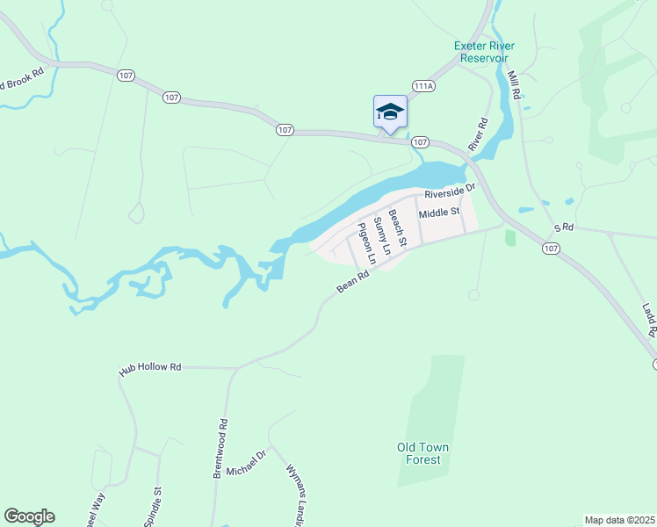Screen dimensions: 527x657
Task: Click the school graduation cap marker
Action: point(390,112)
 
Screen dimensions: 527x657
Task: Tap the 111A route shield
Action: point(424,86)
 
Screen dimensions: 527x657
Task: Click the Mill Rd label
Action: point(515,88)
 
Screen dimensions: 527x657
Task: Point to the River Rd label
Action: point(478,135)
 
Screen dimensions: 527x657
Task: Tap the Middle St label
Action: point(439,213)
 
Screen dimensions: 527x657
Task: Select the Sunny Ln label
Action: point(382,235)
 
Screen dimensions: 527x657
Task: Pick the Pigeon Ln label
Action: point(365,244)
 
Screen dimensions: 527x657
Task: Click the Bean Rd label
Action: point(354,282)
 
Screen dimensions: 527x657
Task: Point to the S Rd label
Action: point(563,228)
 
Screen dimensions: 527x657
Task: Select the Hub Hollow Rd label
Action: point(150,369)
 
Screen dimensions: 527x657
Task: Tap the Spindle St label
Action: point(158,502)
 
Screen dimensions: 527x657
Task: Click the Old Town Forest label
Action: point(422,453)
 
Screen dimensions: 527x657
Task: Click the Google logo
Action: point(29,516)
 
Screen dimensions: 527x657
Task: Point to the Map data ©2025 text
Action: point(619,520)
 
